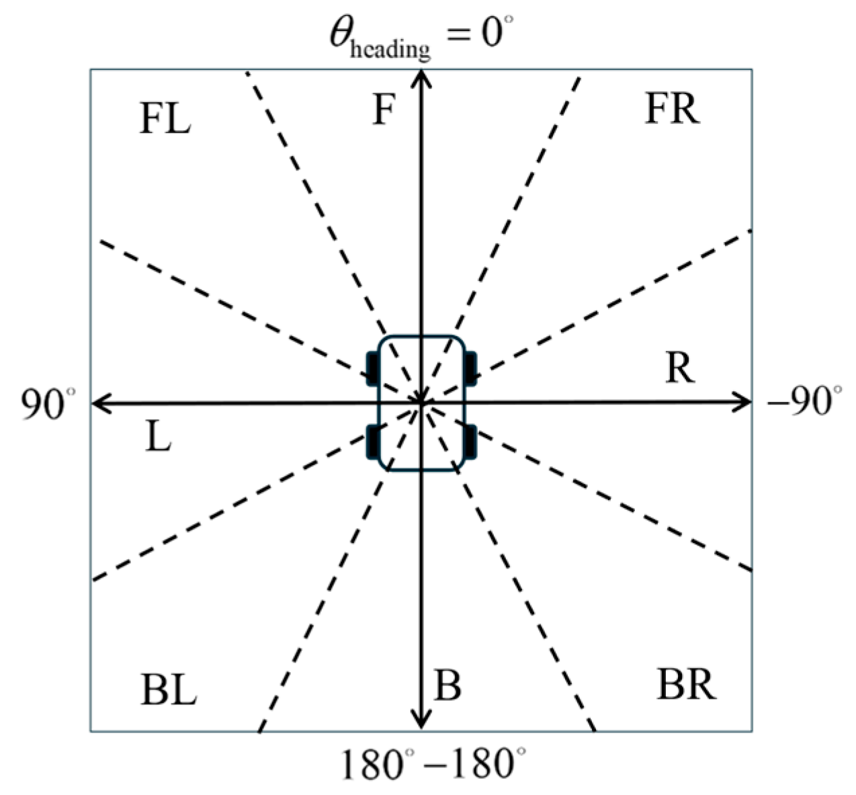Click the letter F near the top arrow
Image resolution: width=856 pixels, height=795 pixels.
(383, 110)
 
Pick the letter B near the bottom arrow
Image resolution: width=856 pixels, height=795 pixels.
(447, 686)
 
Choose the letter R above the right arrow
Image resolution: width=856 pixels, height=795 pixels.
(679, 368)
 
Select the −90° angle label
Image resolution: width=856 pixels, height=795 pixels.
(804, 403)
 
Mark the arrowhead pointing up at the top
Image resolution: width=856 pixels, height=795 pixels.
(421, 77)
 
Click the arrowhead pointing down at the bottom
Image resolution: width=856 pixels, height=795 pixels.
(421, 722)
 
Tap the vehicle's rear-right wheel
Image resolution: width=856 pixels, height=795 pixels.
(470, 442)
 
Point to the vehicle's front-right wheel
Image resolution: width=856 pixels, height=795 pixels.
(470, 368)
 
